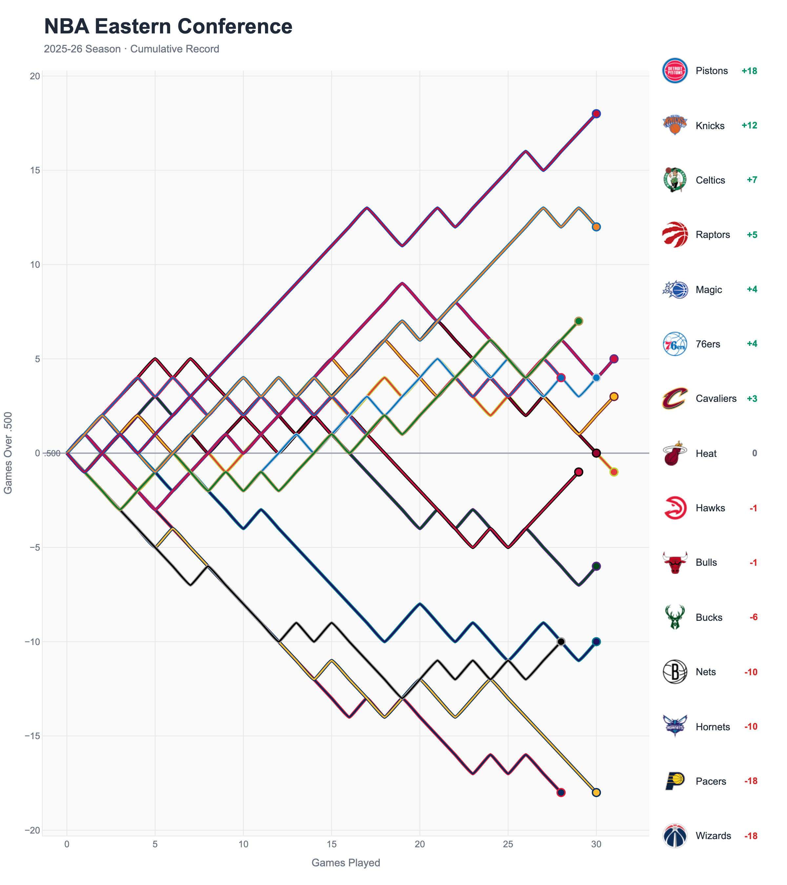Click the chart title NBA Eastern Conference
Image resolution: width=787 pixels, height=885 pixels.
click(x=168, y=27)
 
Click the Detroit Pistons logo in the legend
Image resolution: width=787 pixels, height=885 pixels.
click(x=675, y=70)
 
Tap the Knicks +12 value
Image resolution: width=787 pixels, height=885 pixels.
click(x=749, y=126)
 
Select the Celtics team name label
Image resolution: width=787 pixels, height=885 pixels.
click(x=710, y=180)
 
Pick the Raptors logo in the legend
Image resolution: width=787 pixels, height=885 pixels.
click(x=675, y=235)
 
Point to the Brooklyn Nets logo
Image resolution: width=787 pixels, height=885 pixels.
click(x=675, y=672)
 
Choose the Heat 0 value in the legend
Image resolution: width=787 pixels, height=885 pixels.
click(x=754, y=453)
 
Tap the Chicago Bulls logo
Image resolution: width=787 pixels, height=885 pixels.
click(x=675, y=562)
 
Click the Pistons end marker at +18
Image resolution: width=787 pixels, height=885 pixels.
click(x=596, y=114)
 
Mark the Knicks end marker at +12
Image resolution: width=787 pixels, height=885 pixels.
click(x=596, y=227)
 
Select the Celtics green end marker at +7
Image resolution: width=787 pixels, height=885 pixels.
click(x=578, y=321)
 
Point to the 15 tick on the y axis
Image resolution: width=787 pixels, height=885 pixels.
click(x=35, y=170)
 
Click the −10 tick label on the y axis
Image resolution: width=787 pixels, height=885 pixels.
click(x=32, y=642)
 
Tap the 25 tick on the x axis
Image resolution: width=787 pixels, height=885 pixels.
click(x=508, y=844)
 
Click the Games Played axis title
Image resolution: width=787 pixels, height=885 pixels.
click(x=346, y=862)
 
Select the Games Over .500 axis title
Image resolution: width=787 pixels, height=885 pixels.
click(x=8, y=453)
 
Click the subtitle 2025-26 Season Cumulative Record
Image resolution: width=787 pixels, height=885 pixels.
click(x=131, y=49)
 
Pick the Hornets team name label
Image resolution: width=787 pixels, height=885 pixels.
click(x=713, y=727)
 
